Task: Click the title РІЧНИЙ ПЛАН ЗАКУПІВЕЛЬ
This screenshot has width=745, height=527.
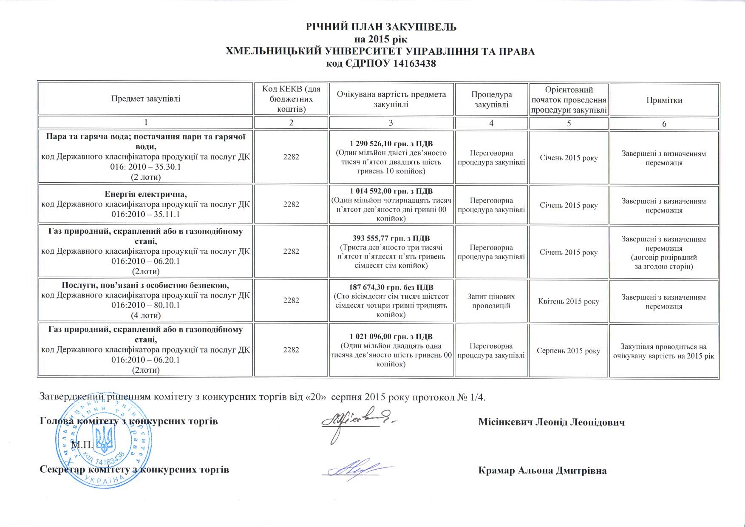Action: coord(381,27)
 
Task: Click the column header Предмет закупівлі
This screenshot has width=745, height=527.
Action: coord(146,99)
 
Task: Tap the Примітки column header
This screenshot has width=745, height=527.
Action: coord(664,100)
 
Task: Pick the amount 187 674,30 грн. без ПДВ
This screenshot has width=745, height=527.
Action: coord(391,287)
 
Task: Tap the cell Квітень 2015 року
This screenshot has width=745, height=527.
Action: coord(569,301)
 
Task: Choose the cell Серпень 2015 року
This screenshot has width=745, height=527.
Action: coord(569,351)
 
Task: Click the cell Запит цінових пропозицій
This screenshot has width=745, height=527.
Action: coord(491,301)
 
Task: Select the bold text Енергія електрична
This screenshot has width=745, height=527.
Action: coord(146,195)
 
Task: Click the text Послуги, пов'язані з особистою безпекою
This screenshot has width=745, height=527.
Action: coord(146,285)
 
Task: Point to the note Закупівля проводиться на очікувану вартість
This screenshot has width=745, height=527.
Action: coord(664,351)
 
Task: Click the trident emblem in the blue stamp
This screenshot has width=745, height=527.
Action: coord(104,439)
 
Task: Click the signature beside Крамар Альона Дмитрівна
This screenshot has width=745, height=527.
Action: coord(357,470)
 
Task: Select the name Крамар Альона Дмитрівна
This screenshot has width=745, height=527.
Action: coord(542,470)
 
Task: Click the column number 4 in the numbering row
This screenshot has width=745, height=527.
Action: coord(491,123)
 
